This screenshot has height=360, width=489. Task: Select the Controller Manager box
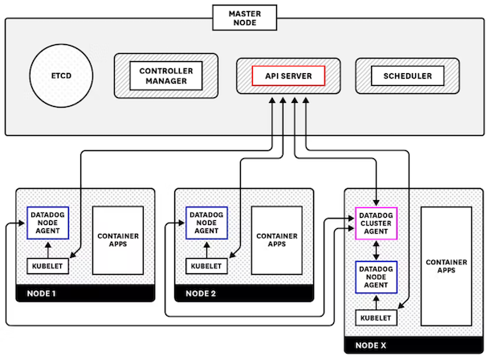(x=165, y=76)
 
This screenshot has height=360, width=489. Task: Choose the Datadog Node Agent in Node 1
(x=48, y=223)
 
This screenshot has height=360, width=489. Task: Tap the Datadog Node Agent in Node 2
(x=206, y=223)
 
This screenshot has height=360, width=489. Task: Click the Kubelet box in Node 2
(x=206, y=265)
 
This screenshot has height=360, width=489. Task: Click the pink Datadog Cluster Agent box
(x=376, y=223)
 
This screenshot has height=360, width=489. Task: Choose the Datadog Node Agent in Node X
(x=376, y=276)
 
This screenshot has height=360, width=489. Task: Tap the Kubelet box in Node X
(x=376, y=319)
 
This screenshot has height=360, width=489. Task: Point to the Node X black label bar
(x=416, y=346)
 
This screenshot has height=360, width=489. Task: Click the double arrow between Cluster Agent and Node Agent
(x=376, y=249)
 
